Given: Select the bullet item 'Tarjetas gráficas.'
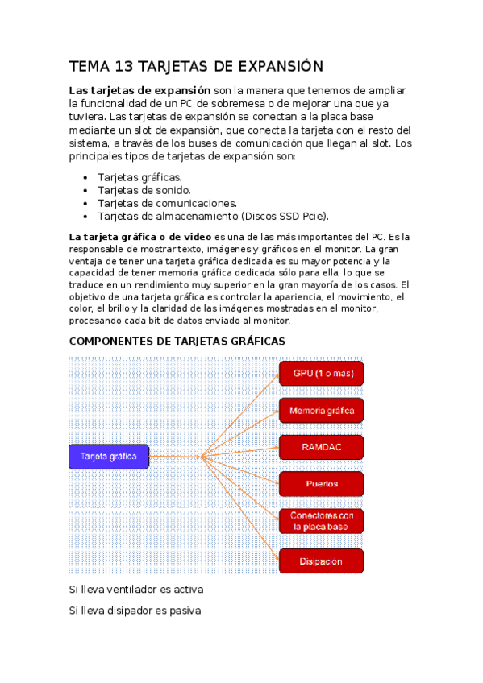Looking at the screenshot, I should pyautogui.click(x=139, y=177).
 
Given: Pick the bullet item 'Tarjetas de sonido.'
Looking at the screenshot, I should pyautogui.click(x=144, y=190).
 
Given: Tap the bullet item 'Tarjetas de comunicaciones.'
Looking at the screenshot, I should pyautogui.click(x=167, y=203).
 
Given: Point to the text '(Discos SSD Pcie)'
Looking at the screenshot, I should pyautogui.click(x=285, y=216).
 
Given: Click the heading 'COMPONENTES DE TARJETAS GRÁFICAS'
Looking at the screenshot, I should pyautogui.click(x=177, y=341).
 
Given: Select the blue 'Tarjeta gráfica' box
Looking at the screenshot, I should pyautogui.click(x=109, y=457).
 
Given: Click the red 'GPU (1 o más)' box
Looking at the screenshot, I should pyautogui.click(x=321, y=374).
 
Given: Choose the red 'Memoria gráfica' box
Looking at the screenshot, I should pyautogui.click(x=321, y=411).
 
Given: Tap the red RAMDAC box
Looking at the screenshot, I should pyautogui.click(x=321, y=447).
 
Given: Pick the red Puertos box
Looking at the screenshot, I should pyautogui.click(x=321, y=484).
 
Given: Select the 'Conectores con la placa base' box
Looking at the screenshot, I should pyautogui.click(x=321, y=521).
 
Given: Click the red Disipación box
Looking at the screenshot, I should pyautogui.click(x=321, y=561).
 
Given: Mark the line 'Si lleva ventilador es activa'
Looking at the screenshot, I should pyautogui.click(x=136, y=590).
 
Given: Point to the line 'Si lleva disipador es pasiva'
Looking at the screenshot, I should pyautogui.click(x=135, y=611).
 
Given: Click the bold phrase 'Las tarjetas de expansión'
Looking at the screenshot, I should pyautogui.click(x=140, y=90).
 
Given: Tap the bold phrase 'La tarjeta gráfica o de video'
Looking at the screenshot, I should pyautogui.click(x=140, y=237).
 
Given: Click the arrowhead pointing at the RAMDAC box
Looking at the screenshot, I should pyautogui.click(x=276, y=447).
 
